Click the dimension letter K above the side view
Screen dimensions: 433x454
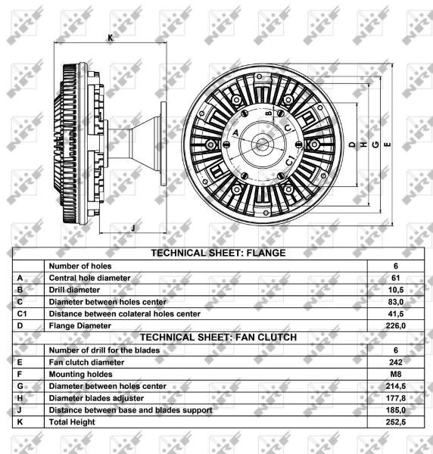click(111, 38)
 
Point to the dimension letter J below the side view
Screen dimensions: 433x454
click(133, 228)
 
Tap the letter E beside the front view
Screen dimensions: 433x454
click(388, 145)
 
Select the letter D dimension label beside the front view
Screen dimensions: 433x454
click(352, 145)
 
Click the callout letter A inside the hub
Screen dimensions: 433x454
click(235, 133)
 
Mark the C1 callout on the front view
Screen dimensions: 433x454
click(290, 160)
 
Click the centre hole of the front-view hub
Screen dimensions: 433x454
click(262, 145)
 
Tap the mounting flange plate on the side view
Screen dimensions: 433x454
click(164, 144)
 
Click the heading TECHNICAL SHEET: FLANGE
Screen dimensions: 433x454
click(218, 253)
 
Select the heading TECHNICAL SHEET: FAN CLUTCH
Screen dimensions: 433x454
click(219, 337)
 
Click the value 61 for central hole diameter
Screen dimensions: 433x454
click(396, 278)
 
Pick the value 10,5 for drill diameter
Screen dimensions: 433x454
click(396, 290)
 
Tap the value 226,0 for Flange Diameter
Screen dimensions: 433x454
click(396, 325)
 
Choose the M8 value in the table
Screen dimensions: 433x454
click(396, 374)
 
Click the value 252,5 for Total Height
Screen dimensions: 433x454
click(396, 422)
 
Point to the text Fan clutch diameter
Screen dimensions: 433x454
click(86, 362)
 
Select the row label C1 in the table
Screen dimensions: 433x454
click(22, 314)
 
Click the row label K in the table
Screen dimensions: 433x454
click(20, 422)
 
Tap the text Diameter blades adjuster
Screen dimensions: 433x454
click(96, 399)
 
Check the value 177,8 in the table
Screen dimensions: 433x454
click(396, 398)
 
